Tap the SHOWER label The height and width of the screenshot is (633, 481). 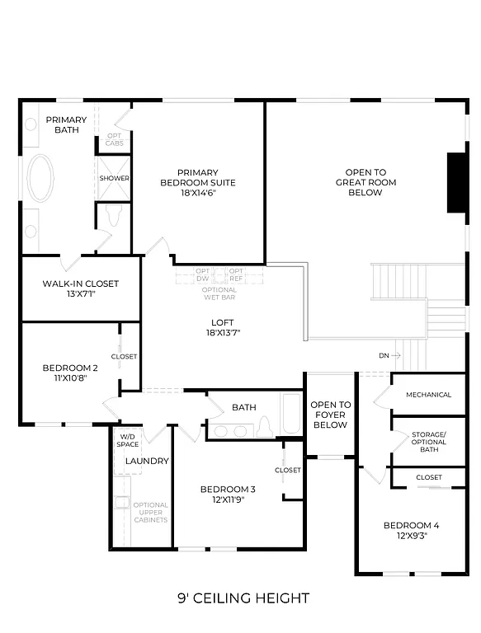point(114,178)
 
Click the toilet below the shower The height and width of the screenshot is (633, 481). point(113,215)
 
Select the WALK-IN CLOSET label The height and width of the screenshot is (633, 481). point(81,284)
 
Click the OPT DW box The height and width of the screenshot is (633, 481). point(203,274)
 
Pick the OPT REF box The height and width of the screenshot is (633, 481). point(236,274)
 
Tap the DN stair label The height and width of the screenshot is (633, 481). point(384,356)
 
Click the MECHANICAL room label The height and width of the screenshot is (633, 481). point(428,395)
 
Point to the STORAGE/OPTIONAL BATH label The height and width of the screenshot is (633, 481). point(429,442)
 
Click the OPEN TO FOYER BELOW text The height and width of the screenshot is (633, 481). point(330,415)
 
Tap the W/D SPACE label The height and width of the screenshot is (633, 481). point(129,440)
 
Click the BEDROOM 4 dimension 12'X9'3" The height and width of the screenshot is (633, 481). point(411,536)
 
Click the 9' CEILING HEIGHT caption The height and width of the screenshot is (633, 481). point(243,598)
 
